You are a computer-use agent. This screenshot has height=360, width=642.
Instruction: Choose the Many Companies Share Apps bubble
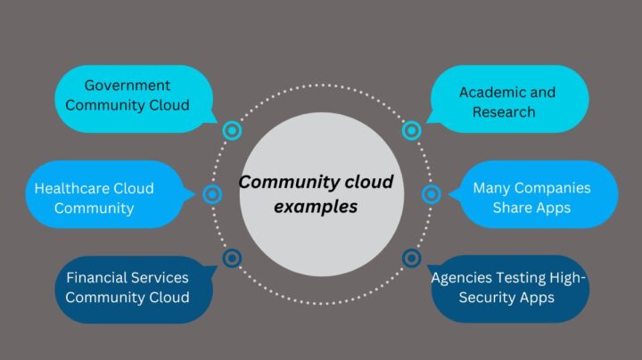tap(532, 198)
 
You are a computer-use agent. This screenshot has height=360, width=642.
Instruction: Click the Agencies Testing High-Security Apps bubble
tap(509, 288)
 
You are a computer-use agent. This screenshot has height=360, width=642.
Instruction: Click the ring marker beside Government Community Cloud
tap(232, 131)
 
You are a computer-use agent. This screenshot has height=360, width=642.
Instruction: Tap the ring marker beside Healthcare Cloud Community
tap(212, 194)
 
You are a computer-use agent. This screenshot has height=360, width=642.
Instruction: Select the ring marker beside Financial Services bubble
tap(232, 258)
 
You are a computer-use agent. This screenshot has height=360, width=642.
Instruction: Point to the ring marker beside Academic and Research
tap(411, 131)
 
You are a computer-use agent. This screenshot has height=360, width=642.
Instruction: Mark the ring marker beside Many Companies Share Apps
tap(431, 194)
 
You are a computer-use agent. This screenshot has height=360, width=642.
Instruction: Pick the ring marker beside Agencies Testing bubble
tap(411, 258)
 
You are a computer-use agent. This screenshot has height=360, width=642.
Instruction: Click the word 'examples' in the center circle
tap(316, 207)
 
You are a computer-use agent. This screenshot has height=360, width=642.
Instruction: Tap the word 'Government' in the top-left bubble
tap(127, 86)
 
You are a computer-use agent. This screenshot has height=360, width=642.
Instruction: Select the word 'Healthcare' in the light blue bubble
tap(70, 188)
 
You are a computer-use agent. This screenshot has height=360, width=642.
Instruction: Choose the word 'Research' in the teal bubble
tap(505, 112)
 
